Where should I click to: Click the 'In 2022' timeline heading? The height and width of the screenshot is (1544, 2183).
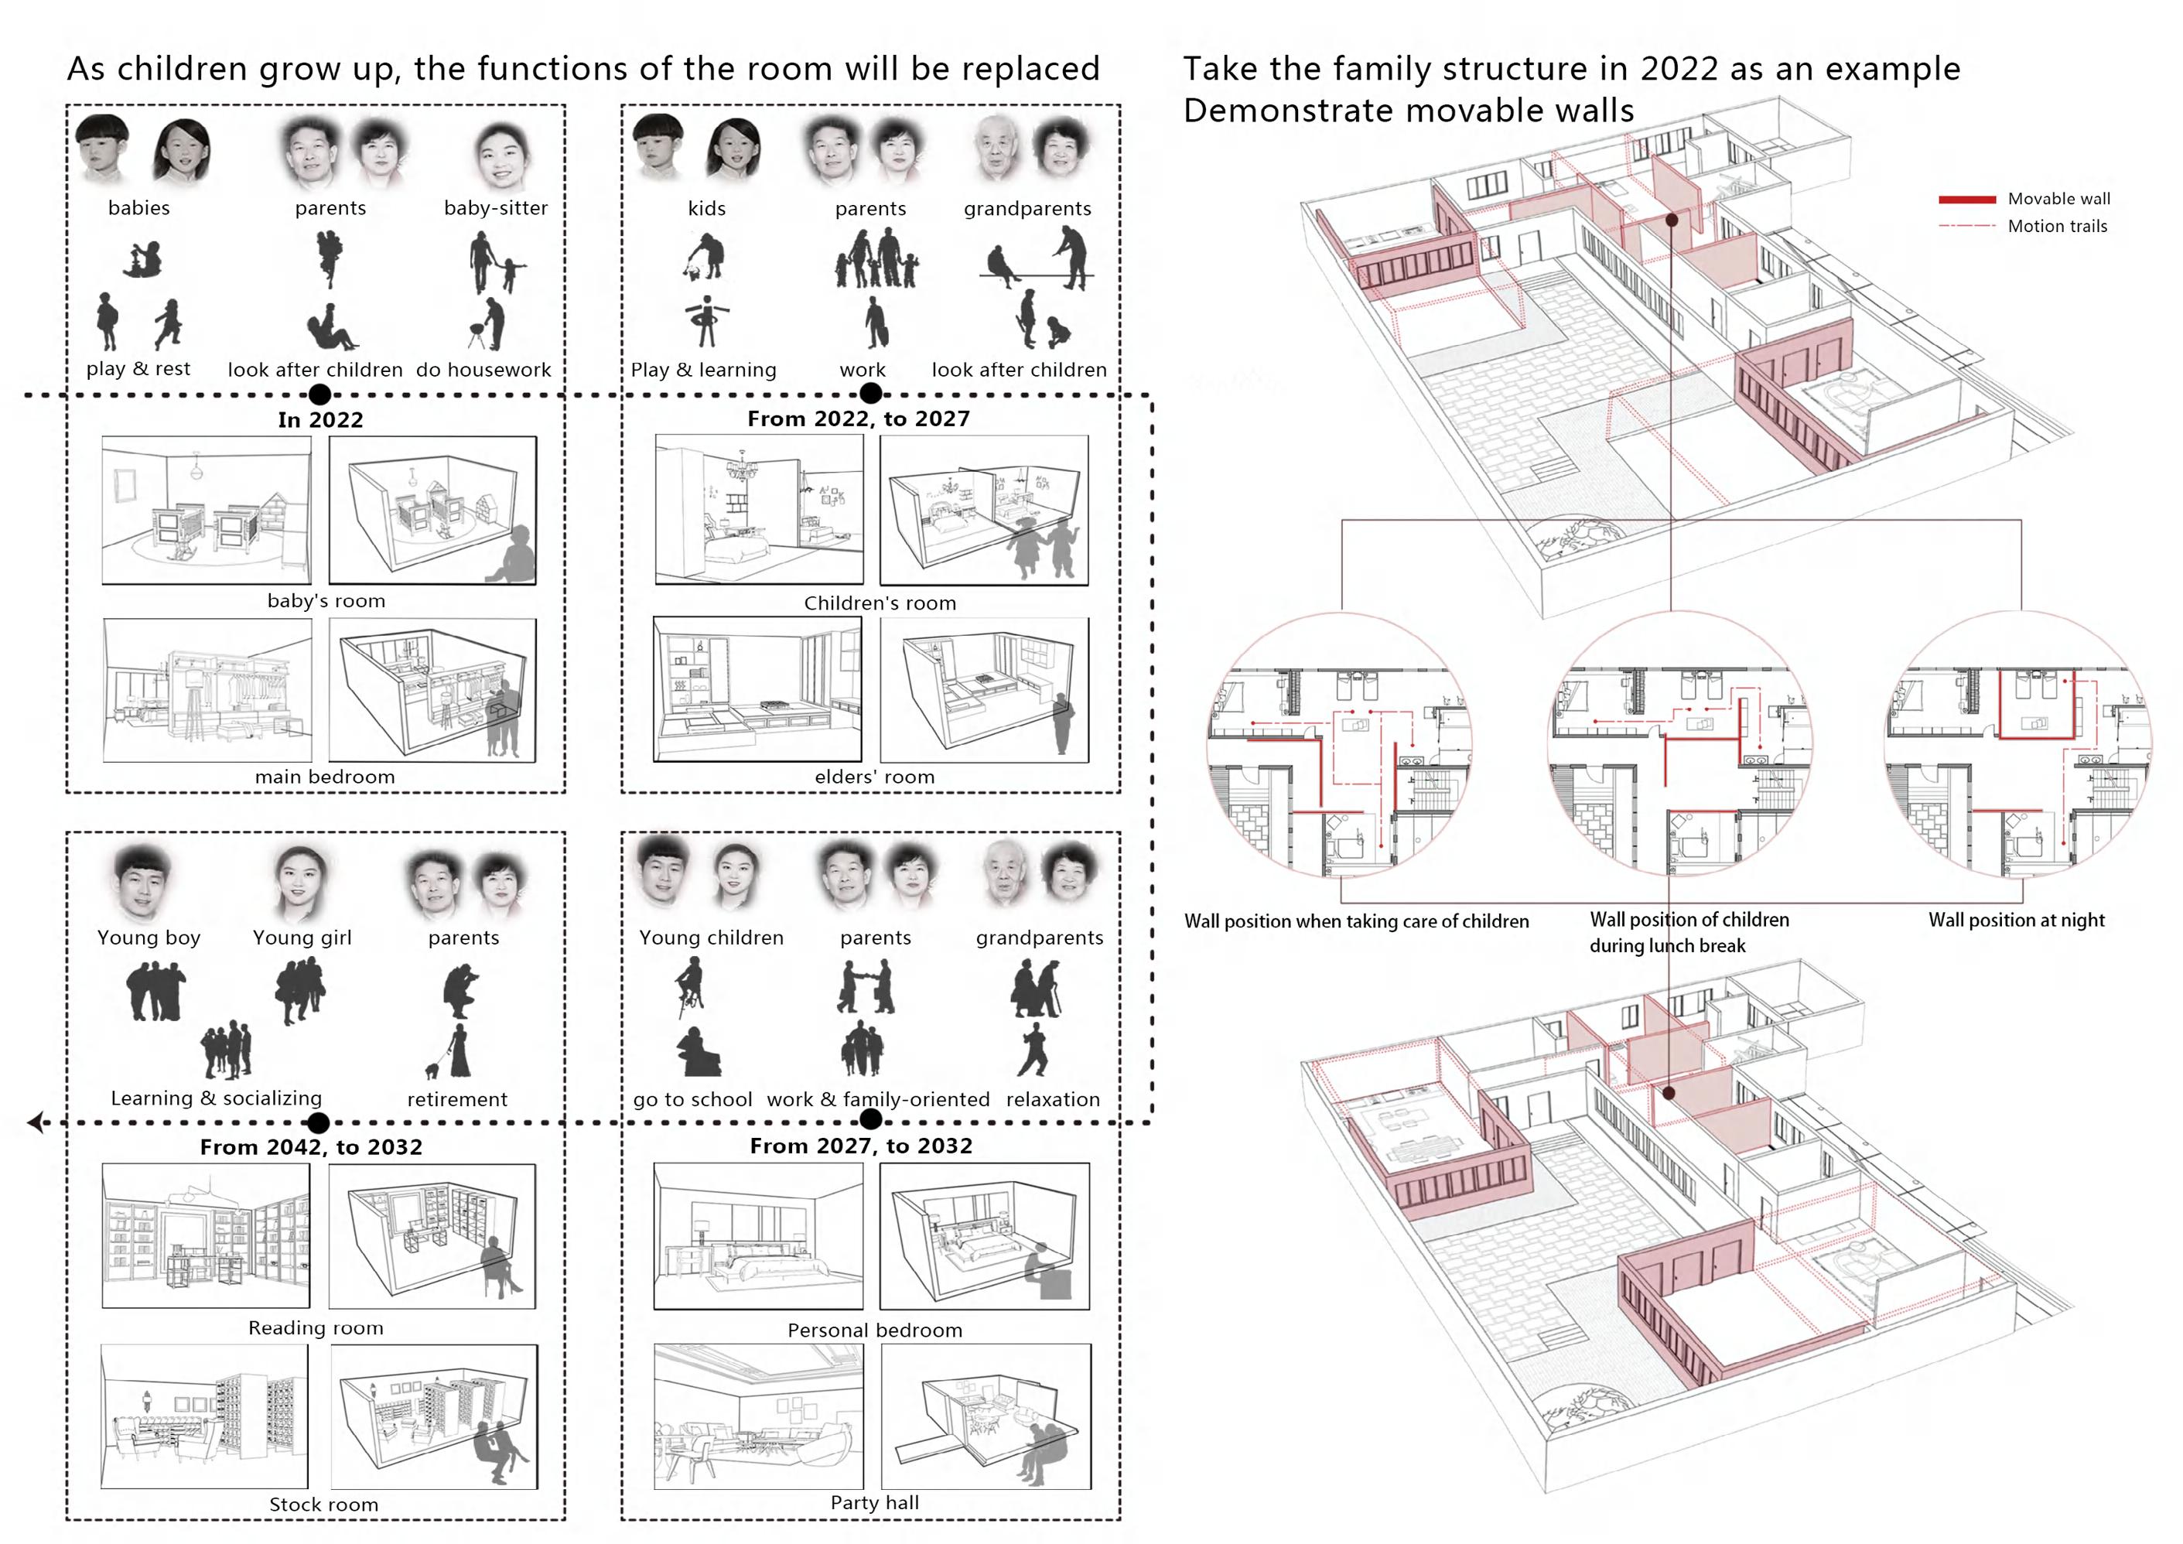coord(320,419)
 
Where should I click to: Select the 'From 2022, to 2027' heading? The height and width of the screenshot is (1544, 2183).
coord(859,418)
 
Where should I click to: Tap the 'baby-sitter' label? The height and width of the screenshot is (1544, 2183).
coord(495,208)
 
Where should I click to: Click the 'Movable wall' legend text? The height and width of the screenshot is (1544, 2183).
coord(2058,199)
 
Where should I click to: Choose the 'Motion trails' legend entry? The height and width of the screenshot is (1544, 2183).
coord(2057,227)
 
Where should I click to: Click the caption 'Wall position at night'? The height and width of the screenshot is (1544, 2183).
coord(2016,920)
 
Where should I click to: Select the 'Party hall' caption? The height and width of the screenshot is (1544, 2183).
coord(874,1502)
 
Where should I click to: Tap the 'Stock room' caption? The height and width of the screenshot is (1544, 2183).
coord(323,1504)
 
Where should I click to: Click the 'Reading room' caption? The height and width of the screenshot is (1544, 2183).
coord(316,1327)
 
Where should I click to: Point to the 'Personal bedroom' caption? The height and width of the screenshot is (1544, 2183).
coord(875,1330)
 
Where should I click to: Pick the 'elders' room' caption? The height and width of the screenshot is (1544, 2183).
coord(874,777)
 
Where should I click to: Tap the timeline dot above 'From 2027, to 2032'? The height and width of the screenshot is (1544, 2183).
coord(870,1121)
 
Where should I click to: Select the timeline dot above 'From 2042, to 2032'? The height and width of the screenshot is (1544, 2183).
coord(319,1123)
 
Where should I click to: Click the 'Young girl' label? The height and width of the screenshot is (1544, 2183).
coord(302,938)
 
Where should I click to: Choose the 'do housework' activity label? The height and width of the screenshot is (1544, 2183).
coord(483,370)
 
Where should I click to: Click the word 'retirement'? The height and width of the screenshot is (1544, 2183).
coord(457,1099)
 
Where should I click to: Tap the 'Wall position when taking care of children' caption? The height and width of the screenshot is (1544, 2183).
coord(1356,921)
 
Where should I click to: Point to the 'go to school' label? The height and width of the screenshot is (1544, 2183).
coord(692,1099)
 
